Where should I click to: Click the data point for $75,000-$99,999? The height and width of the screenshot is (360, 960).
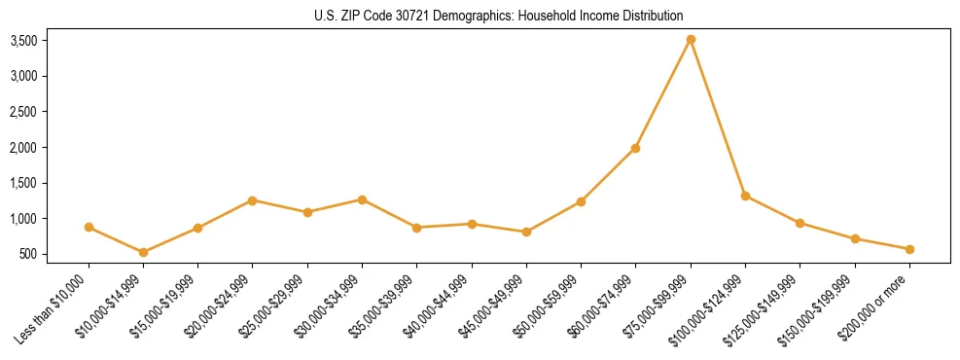click(x=691, y=40)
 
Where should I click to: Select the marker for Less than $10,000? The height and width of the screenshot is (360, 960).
click(x=89, y=227)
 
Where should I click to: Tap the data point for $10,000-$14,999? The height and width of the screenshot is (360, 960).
click(x=143, y=252)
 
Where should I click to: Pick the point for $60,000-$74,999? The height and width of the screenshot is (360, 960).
click(x=635, y=148)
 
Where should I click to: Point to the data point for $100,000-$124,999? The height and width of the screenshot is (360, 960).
click(x=745, y=196)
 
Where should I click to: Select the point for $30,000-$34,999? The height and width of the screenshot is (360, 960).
click(x=362, y=199)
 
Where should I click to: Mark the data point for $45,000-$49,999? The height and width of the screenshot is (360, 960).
click(x=526, y=232)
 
